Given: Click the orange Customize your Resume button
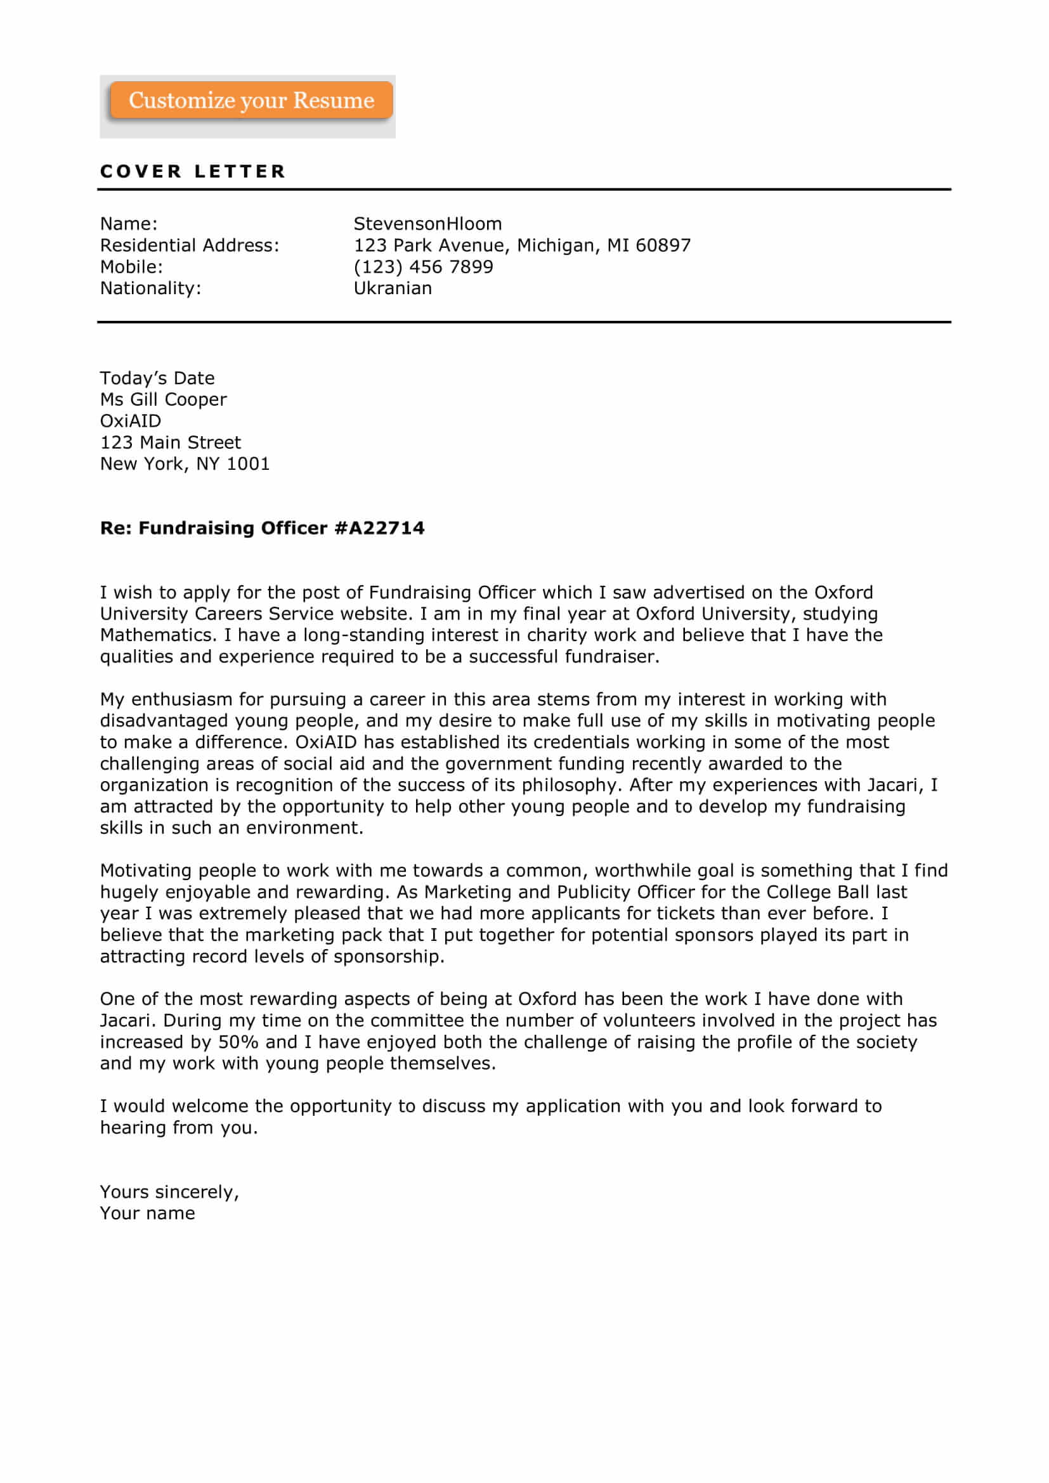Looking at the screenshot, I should (251, 100).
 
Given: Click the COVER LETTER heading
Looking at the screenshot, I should (193, 171).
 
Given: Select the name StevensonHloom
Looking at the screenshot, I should (427, 224).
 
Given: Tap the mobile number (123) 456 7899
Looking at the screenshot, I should (423, 267).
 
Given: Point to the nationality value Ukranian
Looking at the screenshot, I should (393, 288).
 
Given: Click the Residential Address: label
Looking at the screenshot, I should (189, 245).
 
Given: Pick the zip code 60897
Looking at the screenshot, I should (663, 245).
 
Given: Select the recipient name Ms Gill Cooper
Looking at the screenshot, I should (164, 400).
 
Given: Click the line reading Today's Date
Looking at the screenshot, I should (157, 379).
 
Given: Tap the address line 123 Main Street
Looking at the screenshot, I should (170, 443).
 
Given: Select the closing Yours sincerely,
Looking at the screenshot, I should (169, 1193).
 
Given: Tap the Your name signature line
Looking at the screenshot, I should (147, 1214).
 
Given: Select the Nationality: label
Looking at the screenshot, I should (150, 288).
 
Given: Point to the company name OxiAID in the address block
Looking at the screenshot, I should (131, 421).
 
